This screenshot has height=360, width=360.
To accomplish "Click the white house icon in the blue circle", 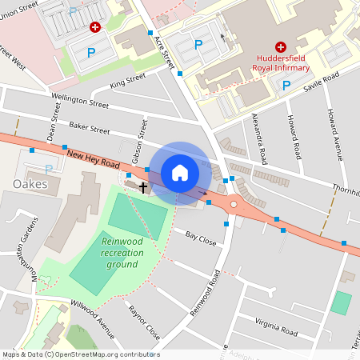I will (x=180, y=173).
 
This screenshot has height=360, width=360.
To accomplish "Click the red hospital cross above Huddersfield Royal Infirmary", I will (x=281, y=47).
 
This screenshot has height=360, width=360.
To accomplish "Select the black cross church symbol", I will (x=143, y=187).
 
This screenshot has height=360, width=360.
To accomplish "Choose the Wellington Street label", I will (x=78, y=103).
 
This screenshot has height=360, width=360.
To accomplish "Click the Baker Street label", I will (x=89, y=127).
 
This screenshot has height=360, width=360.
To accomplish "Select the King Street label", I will (x=127, y=81).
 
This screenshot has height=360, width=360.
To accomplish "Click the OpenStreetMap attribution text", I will (x=80, y=354).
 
